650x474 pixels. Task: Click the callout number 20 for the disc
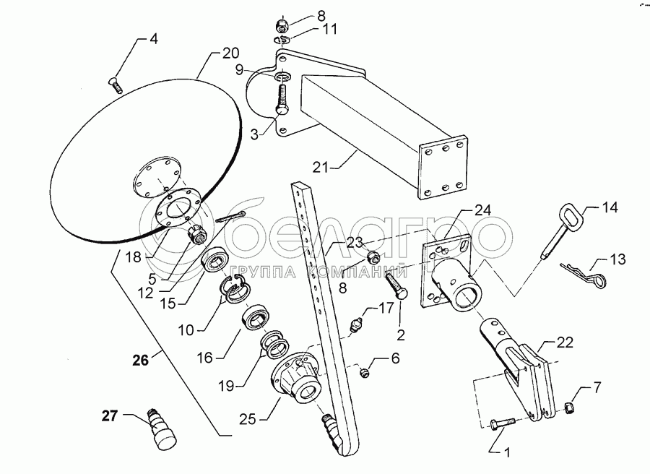point(230,54)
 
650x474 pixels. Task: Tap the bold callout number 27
point(108,416)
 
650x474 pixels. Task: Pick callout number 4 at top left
point(152,39)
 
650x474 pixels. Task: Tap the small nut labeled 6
point(365,372)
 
